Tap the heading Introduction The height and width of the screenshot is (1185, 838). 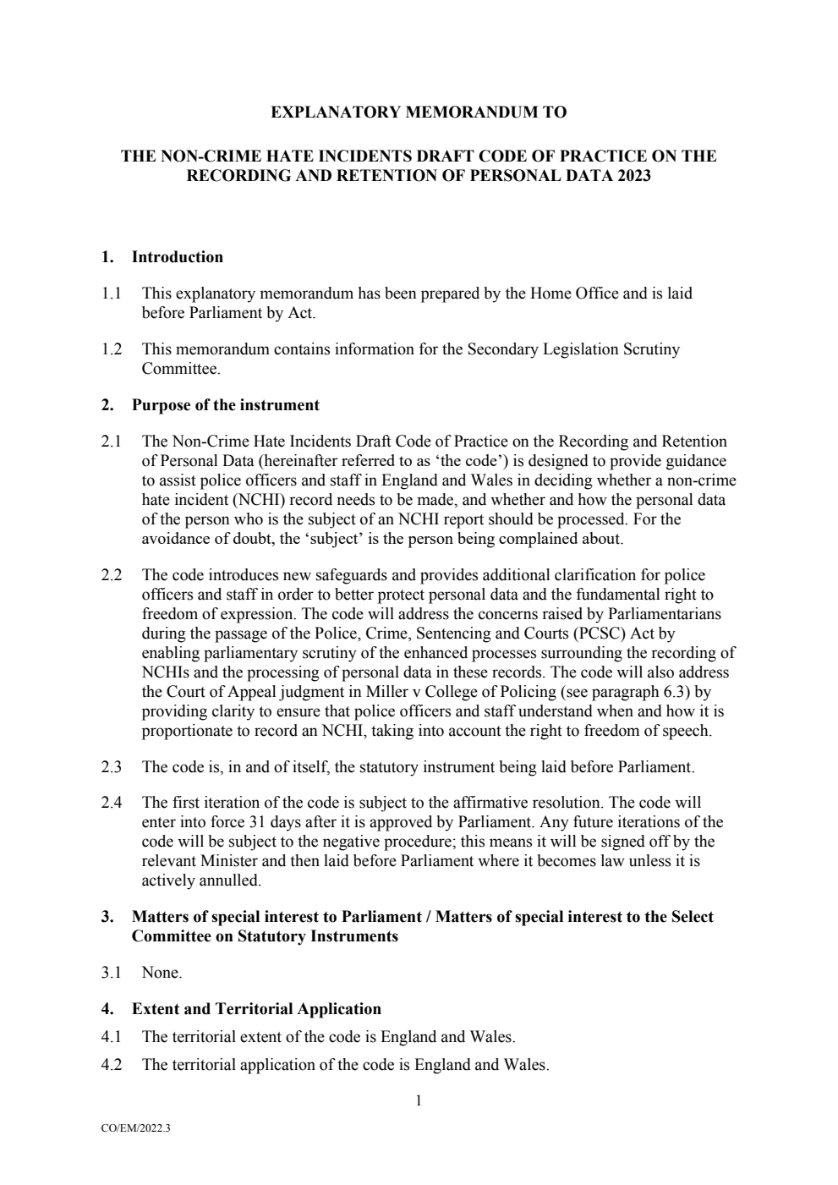178,257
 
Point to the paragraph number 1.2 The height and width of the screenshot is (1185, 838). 112,348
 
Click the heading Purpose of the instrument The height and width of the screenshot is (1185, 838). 225,404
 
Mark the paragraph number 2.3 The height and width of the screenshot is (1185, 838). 112,767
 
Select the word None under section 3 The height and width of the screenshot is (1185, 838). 162,973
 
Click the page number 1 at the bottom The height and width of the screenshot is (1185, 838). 419,1100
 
